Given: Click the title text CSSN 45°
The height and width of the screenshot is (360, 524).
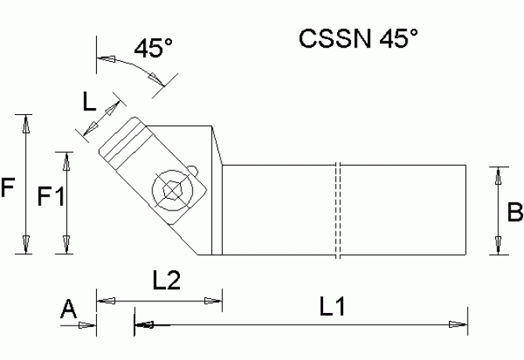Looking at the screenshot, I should click(353, 39).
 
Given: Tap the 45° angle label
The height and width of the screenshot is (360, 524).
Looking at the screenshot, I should click(153, 48).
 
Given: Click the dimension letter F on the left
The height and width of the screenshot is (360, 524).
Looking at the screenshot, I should click(9, 188).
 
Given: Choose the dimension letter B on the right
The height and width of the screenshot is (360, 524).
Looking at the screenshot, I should click(514, 211).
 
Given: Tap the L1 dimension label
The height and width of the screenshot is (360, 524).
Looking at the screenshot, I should click(335, 308).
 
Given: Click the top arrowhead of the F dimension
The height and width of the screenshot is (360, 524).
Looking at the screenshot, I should click(27, 122).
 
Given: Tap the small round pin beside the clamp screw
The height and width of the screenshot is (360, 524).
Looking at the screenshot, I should click(192, 169).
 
